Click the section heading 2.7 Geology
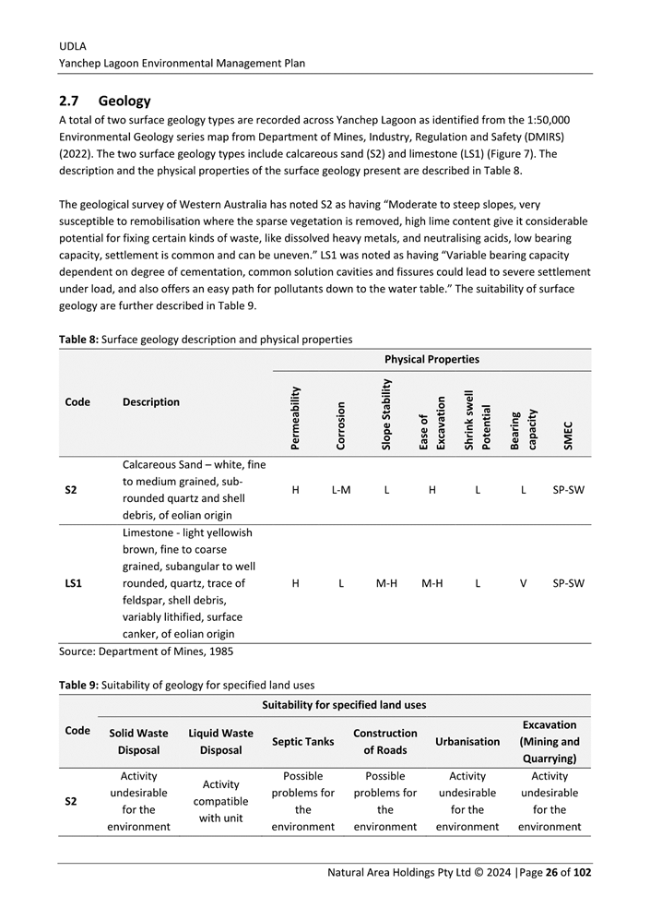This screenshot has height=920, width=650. (x=104, y=101)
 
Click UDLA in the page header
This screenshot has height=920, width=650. (x=72, y=45)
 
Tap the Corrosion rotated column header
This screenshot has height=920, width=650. (x=340, y=424)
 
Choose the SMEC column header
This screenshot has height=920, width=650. (x=568, y=435)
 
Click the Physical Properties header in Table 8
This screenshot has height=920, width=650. (x=431, y=359)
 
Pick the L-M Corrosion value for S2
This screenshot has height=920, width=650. (x=340, y=490)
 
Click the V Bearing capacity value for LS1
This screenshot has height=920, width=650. (x=523, y=583)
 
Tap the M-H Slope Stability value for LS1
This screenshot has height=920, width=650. (x=386, y=583)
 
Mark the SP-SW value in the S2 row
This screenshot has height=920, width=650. (x=567, y=490)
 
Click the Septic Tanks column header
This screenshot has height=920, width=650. (x=302, y=741)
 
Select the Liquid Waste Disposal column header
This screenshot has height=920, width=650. (x=220, y=741)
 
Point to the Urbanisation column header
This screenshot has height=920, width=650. (x=467, y=741)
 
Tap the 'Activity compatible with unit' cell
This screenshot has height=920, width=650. (x=220, y=801)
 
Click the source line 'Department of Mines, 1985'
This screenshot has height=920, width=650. (x=146, y=651)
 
